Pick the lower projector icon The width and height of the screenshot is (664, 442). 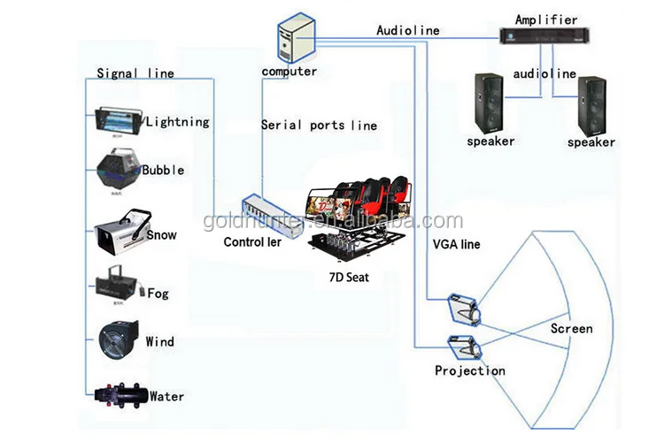tap(463, 347)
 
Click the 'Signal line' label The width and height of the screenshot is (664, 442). tap(135, 73)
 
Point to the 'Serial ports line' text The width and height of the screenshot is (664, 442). tap(319, 126)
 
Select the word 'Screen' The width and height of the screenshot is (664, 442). tap(571, 329)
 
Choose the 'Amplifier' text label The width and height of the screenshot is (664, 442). tap(545, 19)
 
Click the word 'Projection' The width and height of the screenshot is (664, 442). tap(470, 370)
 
